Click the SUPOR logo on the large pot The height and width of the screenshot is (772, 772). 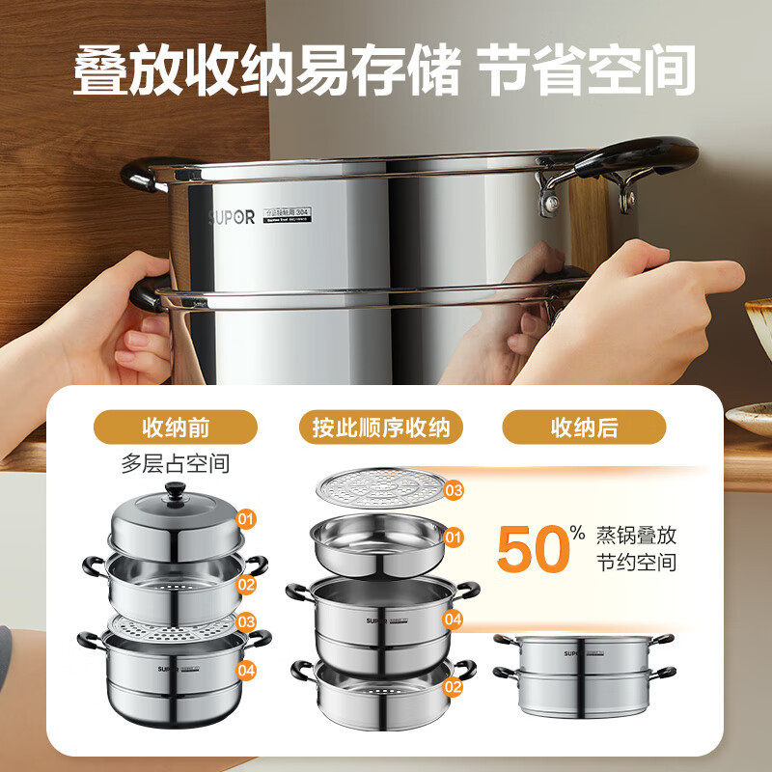pyautogui.click(x=232, y=217)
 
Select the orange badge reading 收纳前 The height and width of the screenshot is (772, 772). pyautogui.click(x=176, y=427)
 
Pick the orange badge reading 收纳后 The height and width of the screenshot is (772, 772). pyautogui.click(x=584, y=427)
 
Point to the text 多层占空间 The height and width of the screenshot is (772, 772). pyautogui.click(x=176, y=463)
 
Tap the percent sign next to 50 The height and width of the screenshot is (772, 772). pyautogui.click(x=576, y=532)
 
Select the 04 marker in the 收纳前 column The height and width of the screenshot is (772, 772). pyautogui.click(x=247, y=668)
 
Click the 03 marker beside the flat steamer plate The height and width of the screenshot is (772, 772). pyautogui.click(x=454, y=490)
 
